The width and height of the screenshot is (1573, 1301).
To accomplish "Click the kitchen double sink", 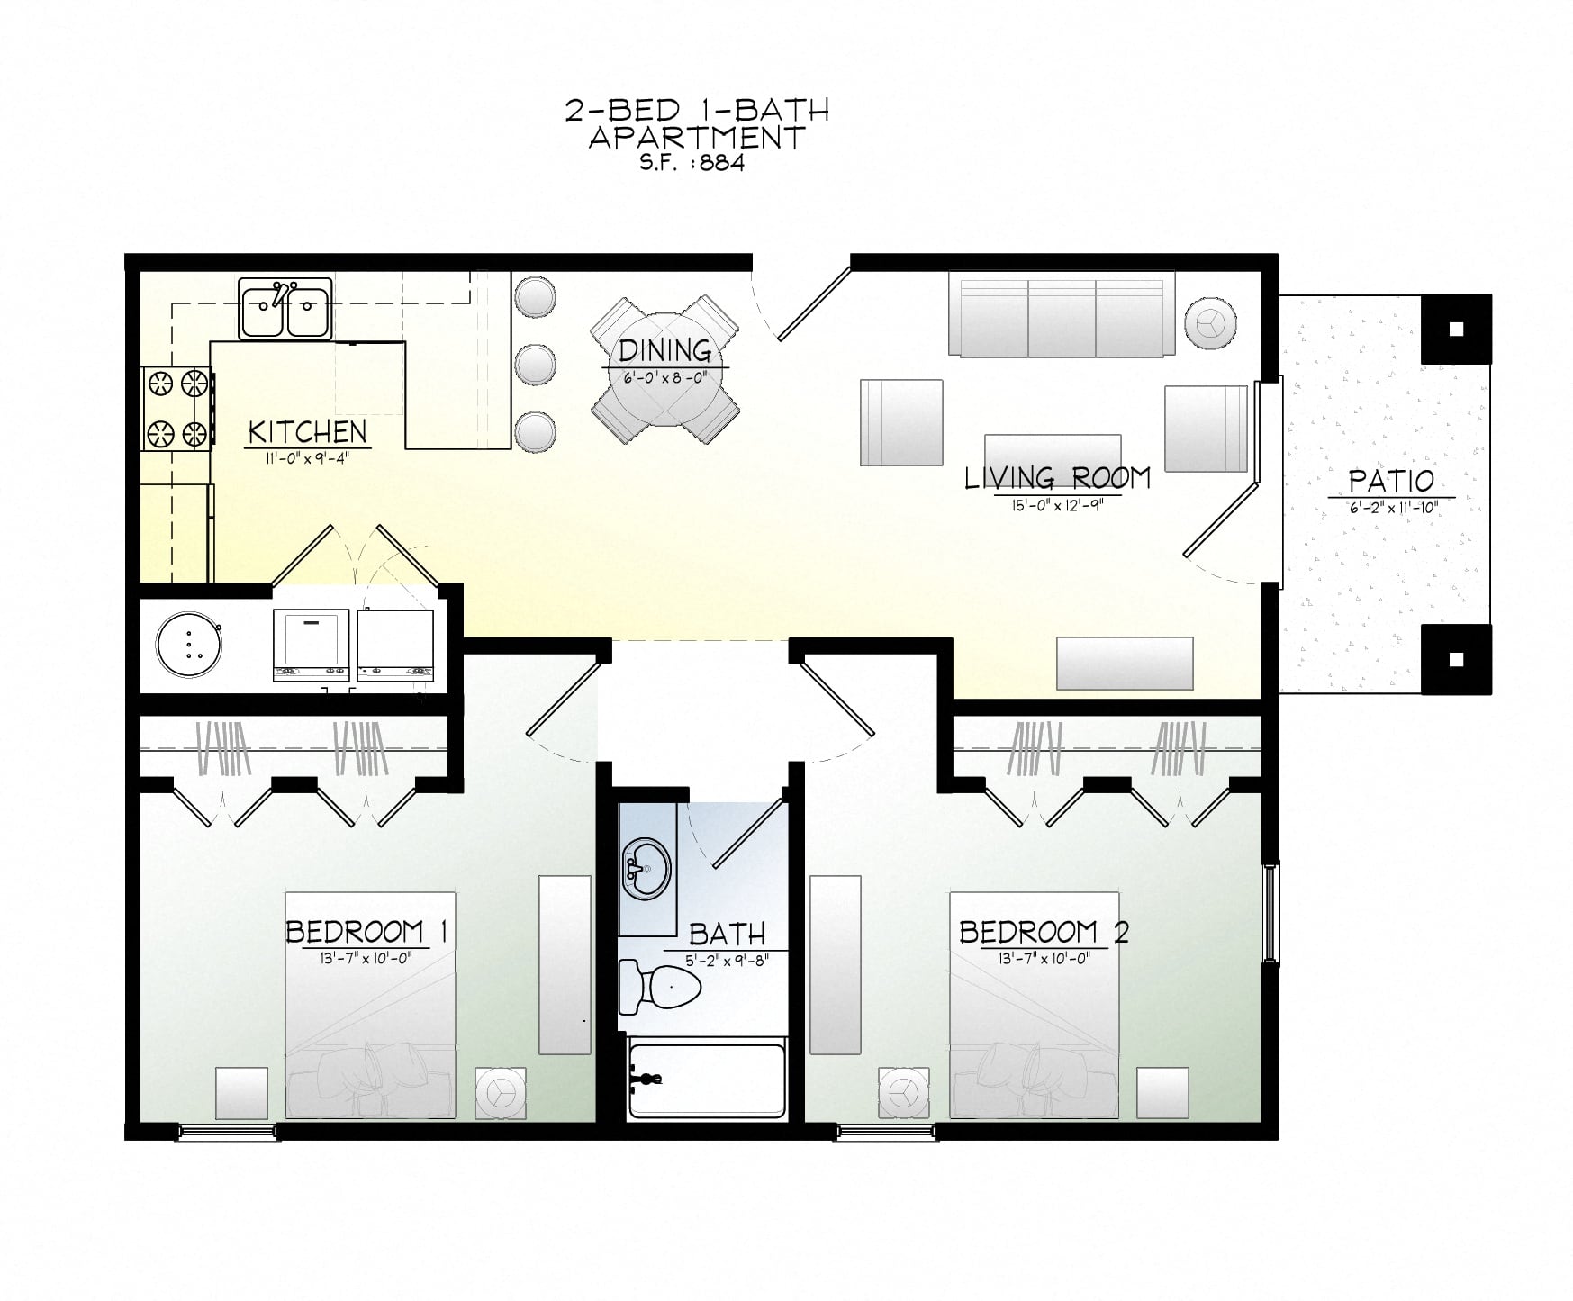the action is tap(285, 308).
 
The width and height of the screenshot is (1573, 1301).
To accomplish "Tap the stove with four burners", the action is tap(176, 409).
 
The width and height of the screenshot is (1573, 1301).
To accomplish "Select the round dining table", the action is tap(665, 369).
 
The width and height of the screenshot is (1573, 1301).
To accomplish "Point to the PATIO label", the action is tap(1391, 482).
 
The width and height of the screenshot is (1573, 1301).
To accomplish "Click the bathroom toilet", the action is tap(660, 987).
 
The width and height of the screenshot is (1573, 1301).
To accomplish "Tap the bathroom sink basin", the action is tap(647, 869).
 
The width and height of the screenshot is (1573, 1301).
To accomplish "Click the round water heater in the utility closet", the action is tap(188, 645).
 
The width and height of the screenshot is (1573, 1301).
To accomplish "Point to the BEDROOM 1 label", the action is tap(366, 931).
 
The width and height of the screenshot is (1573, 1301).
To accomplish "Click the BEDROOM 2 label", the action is tap(1043, 931).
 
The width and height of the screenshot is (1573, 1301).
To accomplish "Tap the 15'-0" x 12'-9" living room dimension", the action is tap(1056, 505).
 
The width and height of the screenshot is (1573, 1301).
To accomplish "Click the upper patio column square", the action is tap(1456, 329).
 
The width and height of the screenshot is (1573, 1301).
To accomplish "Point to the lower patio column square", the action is tap(1456, 659).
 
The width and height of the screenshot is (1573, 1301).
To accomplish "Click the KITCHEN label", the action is tap(308, 432).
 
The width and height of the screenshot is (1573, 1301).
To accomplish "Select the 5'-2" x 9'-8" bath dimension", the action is tap(727, 961).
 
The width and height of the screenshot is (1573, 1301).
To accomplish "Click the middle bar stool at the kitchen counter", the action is tap(536, 365).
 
